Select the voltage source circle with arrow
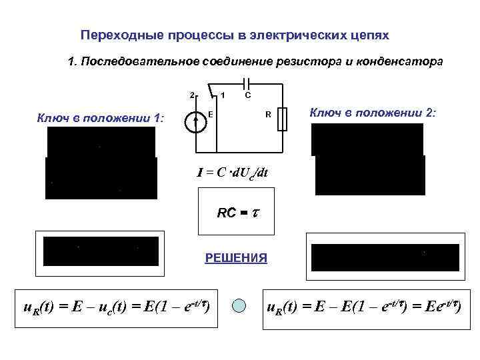point(195,121)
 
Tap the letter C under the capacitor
point(247,96)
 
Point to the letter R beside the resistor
point(268,115)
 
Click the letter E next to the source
point(211,114)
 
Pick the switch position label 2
point(191,95)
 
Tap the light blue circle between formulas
point(240,306)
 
